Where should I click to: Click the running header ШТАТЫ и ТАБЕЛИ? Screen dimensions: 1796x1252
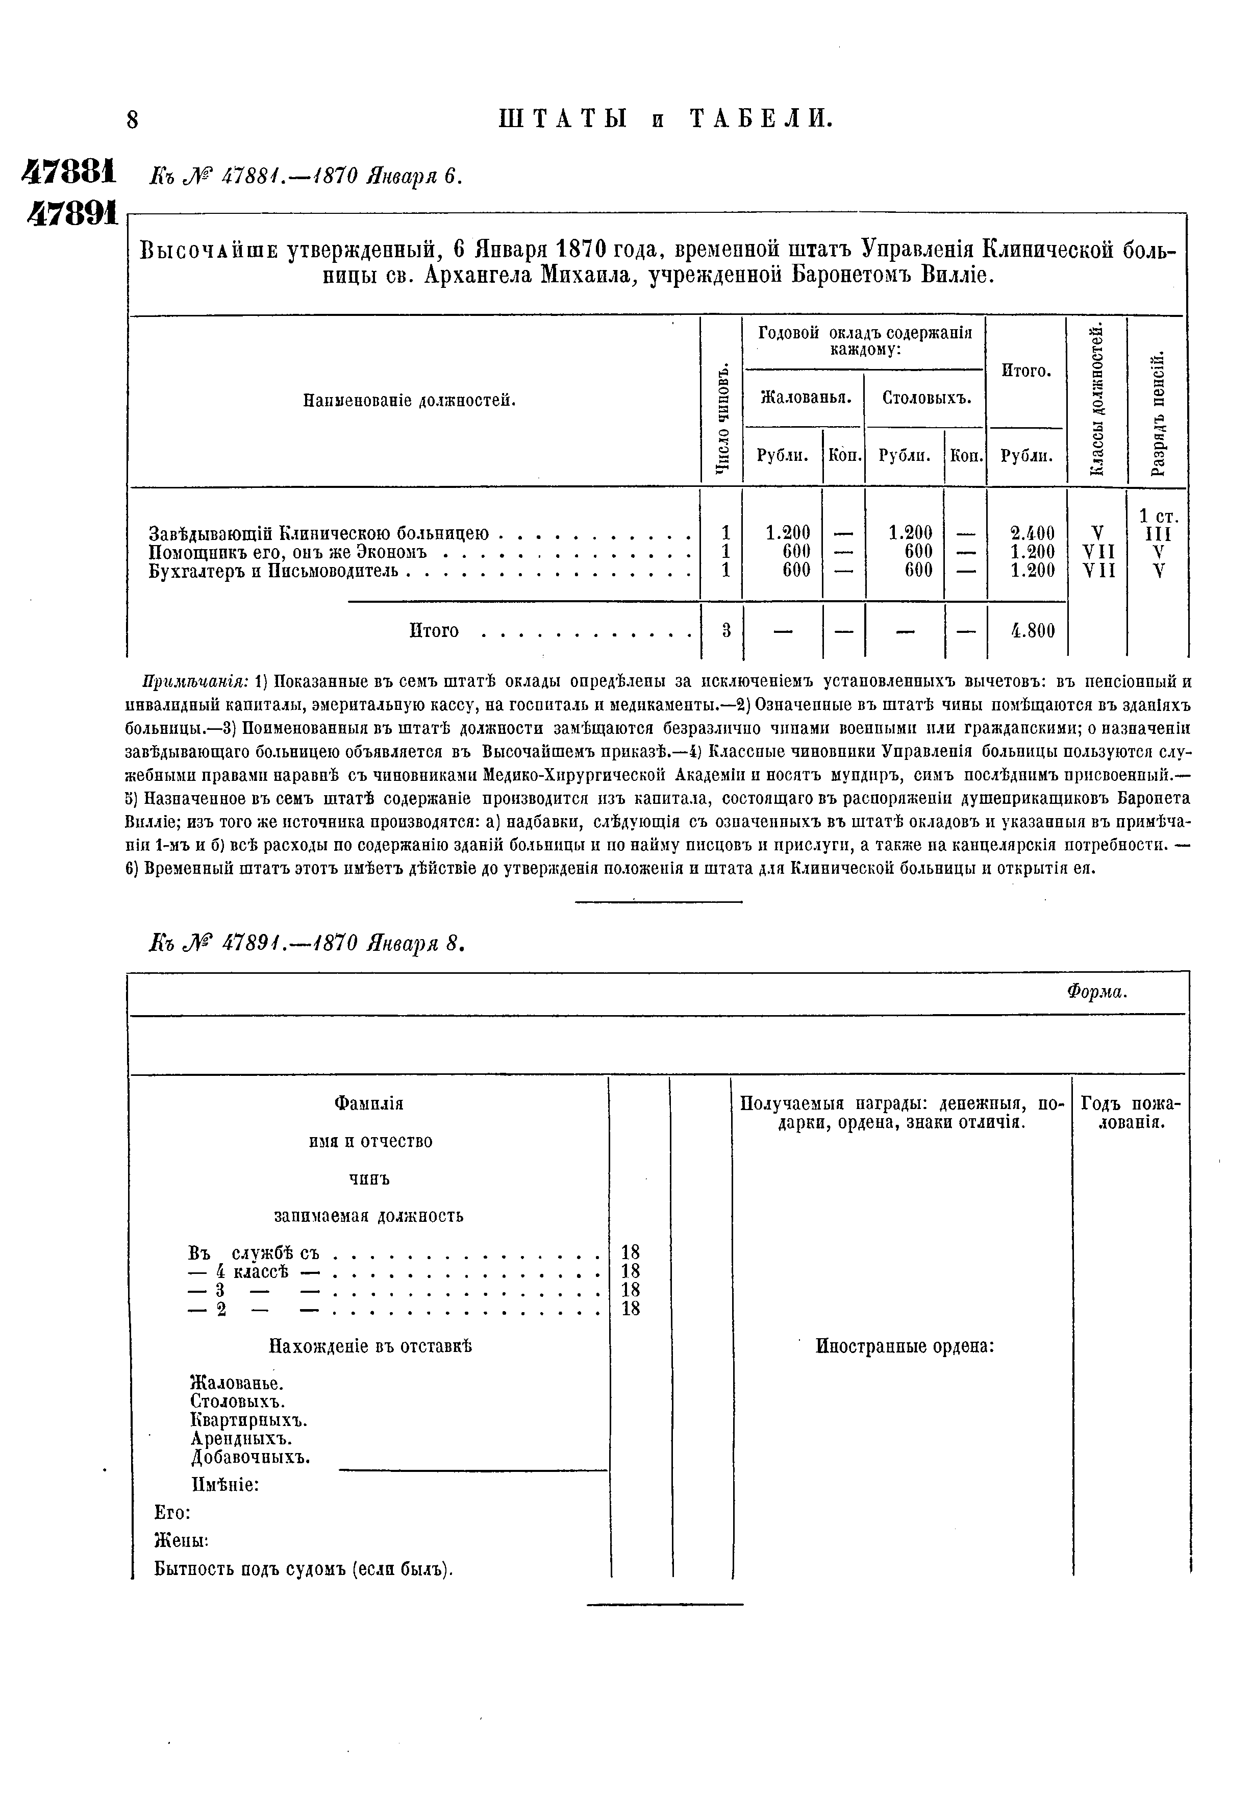pyautogui.click(x=665, y=119)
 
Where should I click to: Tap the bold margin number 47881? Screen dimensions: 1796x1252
pyautogui.click(x=69, y=171)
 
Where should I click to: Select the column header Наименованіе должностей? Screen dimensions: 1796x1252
pyautogui.click(x=410, y=401)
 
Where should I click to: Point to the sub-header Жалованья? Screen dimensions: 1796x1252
pyautogui.click(x=805, y=398)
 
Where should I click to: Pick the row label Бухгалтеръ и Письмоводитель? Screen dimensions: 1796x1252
pyautogui.click(x=273, y=571)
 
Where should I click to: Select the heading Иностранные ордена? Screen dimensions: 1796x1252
pyautogui.click(x=905, y=1346)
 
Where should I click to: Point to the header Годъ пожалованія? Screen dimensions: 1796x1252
pyautogui.click(x=1130, y=1112)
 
